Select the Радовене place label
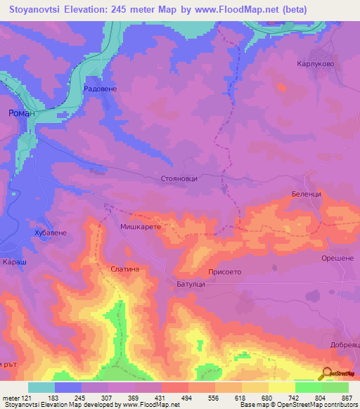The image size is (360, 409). coord(98,89)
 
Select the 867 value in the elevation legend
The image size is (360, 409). coord(347,398)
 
